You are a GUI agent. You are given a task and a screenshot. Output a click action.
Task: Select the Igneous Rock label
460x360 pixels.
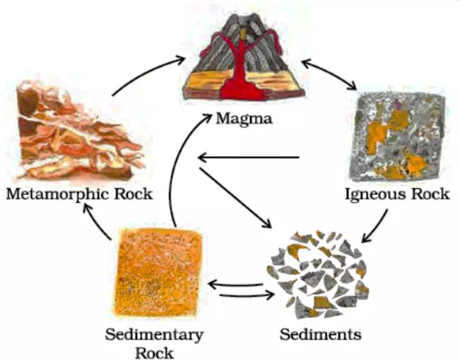click(396, 194)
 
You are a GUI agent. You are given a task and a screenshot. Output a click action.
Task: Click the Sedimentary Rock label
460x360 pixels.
click(154, 342)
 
